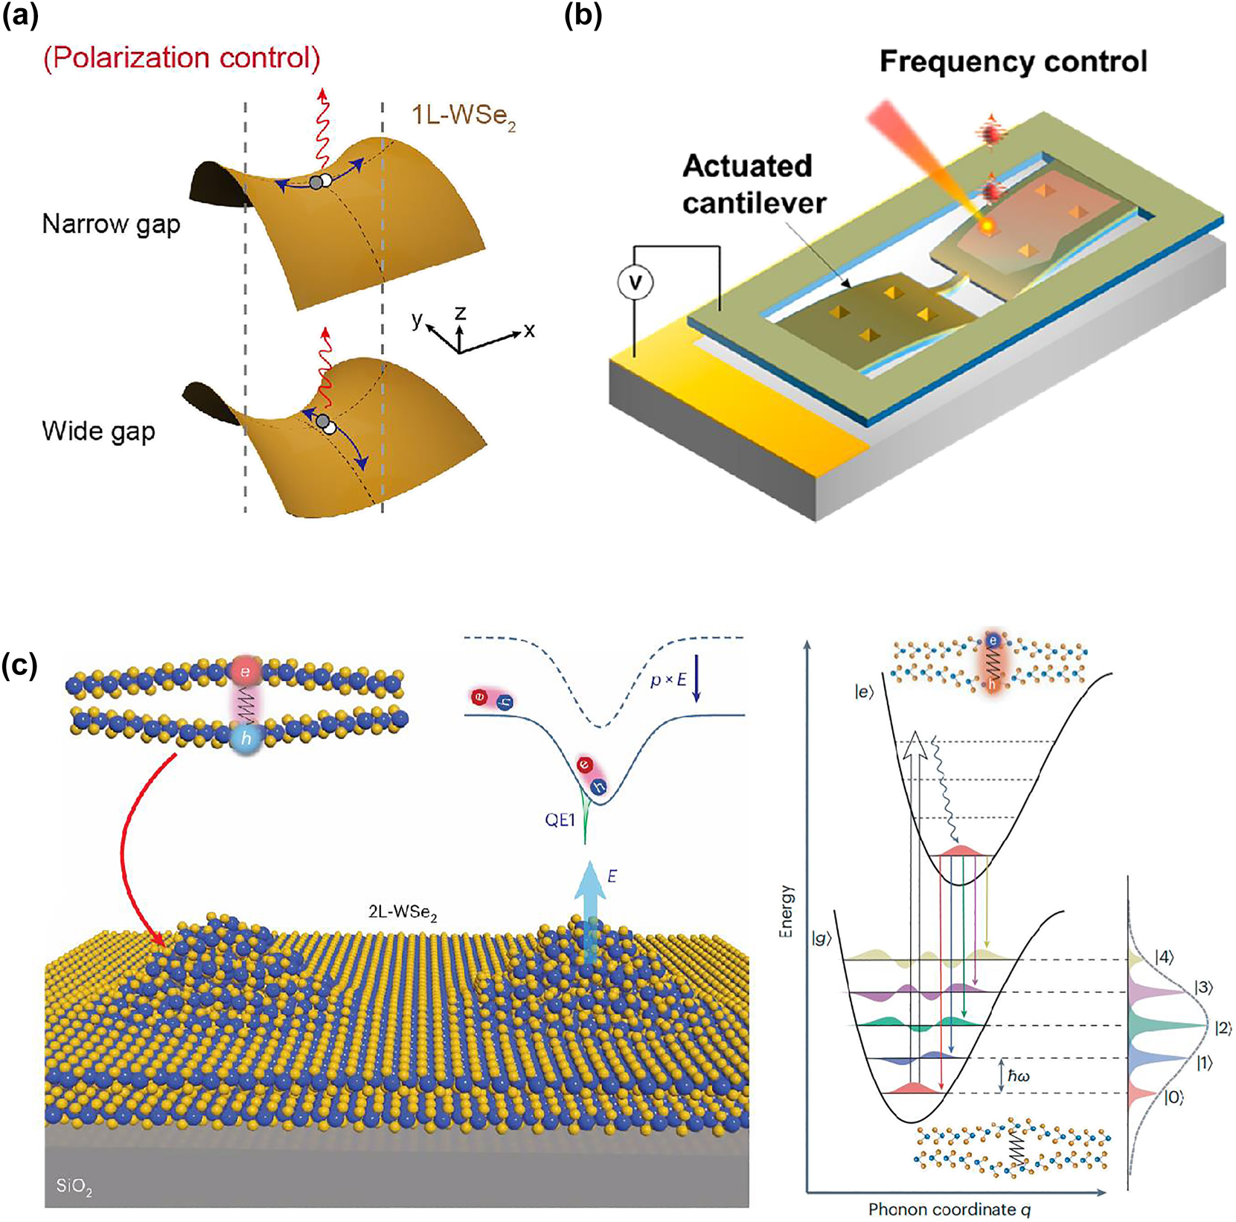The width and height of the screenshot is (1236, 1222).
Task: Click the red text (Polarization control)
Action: (182, 58)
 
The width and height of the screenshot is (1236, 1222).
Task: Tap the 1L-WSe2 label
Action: (463, 117)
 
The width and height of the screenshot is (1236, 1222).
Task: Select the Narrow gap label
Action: (111, 224)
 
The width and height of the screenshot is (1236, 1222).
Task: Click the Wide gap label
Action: (98, 431)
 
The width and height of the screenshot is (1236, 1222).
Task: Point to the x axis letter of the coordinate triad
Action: (529, 330)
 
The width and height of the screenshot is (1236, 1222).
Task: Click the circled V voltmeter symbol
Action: (635, 282)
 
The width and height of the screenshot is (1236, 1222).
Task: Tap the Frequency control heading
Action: (1013, 62)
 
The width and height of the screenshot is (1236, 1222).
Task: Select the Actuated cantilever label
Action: (753, 184)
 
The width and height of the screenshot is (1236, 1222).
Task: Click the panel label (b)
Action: (583, 16)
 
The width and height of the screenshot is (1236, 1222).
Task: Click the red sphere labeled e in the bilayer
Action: (246, 671)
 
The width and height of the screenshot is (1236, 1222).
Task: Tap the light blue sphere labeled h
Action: (246, 739)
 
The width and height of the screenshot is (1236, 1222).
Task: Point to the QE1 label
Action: (560, 820)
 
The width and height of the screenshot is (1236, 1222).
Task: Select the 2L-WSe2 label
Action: (403, 912)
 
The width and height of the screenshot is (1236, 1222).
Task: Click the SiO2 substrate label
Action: (74, 1185)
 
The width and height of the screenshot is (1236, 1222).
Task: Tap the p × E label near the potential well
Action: (667, 679)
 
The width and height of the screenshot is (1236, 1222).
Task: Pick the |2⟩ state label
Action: (1223, 1029)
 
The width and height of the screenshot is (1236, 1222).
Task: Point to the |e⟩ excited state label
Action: (863, 693)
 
